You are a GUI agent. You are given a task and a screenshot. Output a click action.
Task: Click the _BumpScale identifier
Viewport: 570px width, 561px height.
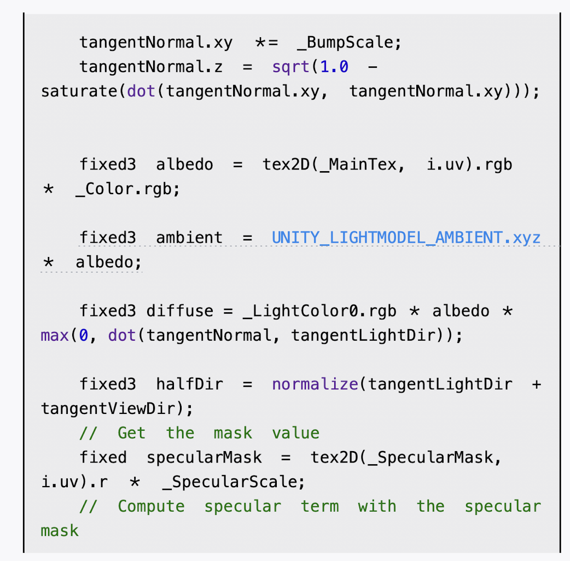pos(347,43)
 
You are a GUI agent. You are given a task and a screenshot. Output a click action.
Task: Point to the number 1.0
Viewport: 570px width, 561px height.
pos(334,67)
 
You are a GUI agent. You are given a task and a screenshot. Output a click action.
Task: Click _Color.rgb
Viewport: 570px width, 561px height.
pos(127,189)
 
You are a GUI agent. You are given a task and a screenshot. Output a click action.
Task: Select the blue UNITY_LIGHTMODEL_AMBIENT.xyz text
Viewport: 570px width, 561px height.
pos(406,238)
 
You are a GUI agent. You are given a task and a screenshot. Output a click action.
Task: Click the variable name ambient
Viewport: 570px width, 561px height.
pos(189,238)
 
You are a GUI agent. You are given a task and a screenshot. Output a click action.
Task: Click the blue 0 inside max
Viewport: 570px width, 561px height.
pos(84,335)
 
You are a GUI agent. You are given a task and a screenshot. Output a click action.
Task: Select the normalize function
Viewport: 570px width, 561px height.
pos(315,384)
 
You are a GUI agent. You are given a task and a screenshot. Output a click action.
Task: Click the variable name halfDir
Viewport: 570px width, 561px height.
pos(189,384)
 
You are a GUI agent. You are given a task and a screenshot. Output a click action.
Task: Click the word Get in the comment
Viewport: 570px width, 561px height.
pos(132,433)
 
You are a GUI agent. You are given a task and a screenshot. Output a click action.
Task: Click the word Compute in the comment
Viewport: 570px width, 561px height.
pos(151,506)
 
